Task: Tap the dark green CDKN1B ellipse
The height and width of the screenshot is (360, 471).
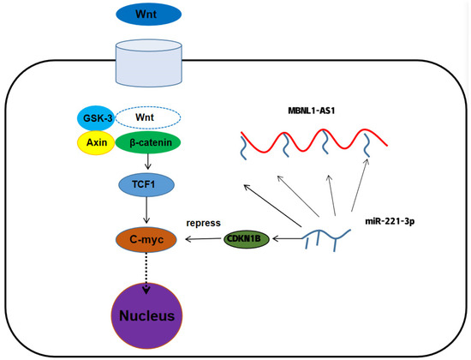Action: point(247,238)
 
